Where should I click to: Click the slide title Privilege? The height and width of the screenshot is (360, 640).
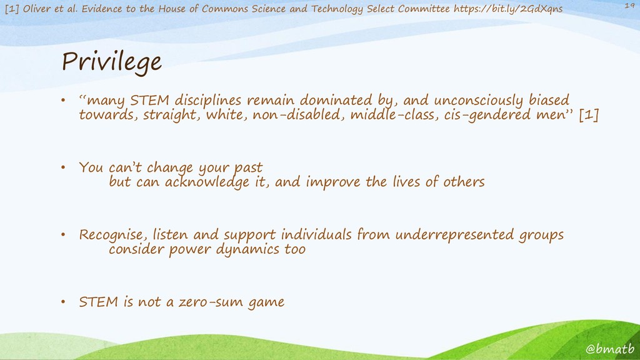pyautogui.click(x=111, y=62)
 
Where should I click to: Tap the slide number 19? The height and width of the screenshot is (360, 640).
pyautogui.click(x=629, y=5)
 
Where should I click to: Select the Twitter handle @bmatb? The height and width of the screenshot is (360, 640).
pyautogui.click(x=610, y=349)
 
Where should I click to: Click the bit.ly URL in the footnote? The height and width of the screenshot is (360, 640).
pyautogui.click(x=507, y=9)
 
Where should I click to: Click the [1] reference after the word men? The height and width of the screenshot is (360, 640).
pyautogui.click(x=589, y=115)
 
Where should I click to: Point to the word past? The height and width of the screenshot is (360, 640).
pyautogui.click(x=248, y=167)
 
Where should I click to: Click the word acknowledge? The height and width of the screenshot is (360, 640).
pyautogui.click(x=207, y=182)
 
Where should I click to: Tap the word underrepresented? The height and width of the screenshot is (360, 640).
pyautogui.click(x=454, y=235)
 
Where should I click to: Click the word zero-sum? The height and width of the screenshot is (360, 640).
pyautogui.click(x=211, y=302)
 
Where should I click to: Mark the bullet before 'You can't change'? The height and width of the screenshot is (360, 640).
pyautogui.click(x=63, y=167)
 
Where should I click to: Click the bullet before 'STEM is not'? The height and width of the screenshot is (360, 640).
pyautogui.click(x=63, y=302)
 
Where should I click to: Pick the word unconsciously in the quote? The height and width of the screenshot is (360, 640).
pyautogui.click(x=478, y=101)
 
